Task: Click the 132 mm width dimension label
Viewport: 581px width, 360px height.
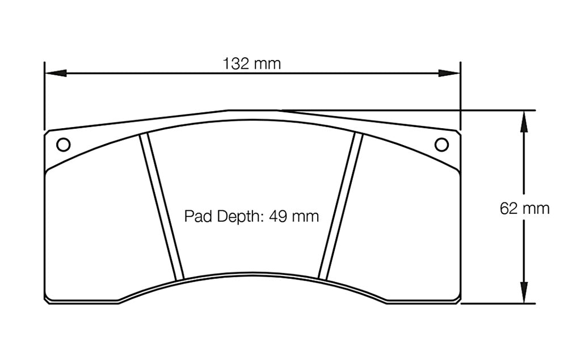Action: (252, 63)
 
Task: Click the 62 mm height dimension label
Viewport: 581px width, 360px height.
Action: (524, 209)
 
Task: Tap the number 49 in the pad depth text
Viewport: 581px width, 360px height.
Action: (278, 216)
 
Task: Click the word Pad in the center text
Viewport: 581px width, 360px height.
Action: (196, 216)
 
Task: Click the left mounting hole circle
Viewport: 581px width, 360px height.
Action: (64, 145)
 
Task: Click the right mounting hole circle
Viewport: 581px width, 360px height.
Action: (441, 145)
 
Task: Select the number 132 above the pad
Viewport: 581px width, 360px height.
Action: (236, 63)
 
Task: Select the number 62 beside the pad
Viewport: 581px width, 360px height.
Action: (508, 209)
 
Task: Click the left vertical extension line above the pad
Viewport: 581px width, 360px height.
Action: (44, 96)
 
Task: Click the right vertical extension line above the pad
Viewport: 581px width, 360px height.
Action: (460, 96)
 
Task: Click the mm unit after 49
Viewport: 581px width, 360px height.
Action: (306, 217)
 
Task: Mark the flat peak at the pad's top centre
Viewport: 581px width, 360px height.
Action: (252, 111)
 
